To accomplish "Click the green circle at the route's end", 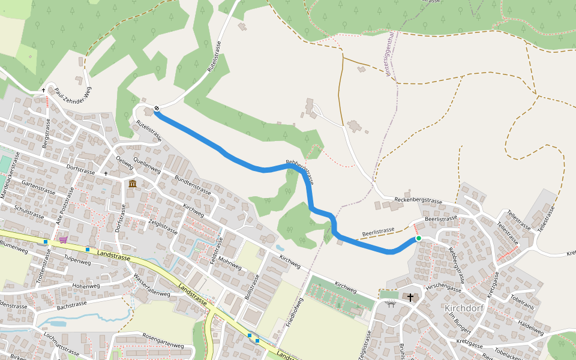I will [419, 239].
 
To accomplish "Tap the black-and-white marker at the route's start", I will [157, 109].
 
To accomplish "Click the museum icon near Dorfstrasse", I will [132, 183].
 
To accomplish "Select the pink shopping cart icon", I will [63, 240].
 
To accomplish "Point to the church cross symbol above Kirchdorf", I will [410, 297].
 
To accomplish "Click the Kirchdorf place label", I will [464, 308].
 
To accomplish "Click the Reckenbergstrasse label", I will [418, 199].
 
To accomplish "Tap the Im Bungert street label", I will [461, 325].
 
